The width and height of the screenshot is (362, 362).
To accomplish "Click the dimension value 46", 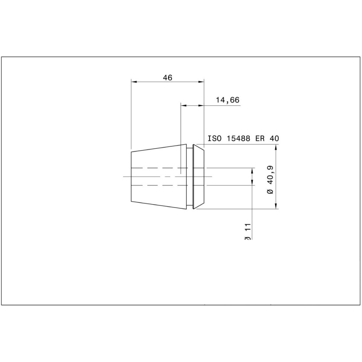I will click(x=167, y=77).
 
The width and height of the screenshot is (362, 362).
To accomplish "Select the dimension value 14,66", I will click(x=228, y=100).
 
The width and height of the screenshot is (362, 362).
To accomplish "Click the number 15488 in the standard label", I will click(x=239, y=139).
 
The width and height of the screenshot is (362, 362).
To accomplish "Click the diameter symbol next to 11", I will click(x=248, y=237).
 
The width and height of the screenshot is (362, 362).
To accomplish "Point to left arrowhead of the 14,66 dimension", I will click(x=184, y=105).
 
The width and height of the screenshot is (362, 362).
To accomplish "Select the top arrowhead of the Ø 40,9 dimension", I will click(x=277, y=147).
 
